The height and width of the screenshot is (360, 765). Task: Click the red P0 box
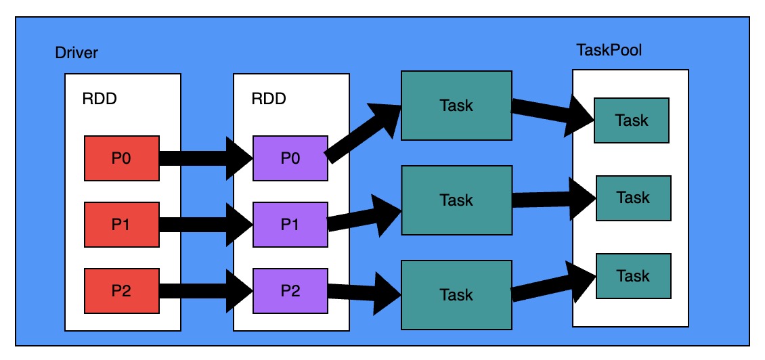(121, 158)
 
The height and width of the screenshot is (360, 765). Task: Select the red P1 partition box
(121, 224)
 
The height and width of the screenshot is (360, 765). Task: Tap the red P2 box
(121, 290)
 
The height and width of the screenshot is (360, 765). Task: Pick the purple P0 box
(290, 158)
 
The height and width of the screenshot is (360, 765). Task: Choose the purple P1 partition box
(290, 224)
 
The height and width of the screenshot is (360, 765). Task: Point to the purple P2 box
(290, 290)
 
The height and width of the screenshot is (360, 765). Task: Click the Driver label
(76, 53)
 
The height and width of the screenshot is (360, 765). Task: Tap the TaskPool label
(609, 51)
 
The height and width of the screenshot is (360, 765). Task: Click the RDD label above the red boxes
(100, 99)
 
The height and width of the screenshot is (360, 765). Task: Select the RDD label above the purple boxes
(269, 99)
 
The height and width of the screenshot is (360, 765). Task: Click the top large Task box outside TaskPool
(456, 106)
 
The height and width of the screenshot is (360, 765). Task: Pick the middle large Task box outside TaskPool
(456, 200)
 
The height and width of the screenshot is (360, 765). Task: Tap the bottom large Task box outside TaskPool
(456, 294)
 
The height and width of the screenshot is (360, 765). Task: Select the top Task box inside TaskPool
(632, 120)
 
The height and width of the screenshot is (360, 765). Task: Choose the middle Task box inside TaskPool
(633, 198)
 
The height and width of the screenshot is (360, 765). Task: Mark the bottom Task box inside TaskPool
(633, 276)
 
